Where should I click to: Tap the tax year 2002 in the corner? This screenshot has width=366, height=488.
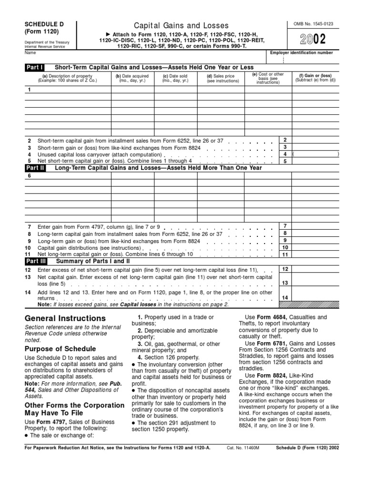[313, 39]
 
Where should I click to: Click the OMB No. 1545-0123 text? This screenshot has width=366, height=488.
[313, 23]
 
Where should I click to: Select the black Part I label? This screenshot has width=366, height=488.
[35, 68]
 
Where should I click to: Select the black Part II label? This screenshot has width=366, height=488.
[35, 168]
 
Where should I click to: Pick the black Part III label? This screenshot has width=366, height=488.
[36, 261]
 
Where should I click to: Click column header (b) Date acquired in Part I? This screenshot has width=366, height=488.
[132, 78]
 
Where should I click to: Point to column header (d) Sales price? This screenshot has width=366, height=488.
[220, 78]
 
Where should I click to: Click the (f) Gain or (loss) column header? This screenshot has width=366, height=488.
[315, 78]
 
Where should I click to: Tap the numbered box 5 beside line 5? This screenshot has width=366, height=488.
[285, 161]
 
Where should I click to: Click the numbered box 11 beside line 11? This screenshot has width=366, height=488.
[285, 254]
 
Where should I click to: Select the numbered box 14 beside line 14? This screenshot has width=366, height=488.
[285, 298]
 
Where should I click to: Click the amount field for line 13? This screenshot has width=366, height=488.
[315, 283]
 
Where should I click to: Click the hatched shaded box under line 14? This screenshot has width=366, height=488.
[315, 304]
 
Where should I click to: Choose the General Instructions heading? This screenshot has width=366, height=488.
[65, 318]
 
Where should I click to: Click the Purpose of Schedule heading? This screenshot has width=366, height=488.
[60, 348]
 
